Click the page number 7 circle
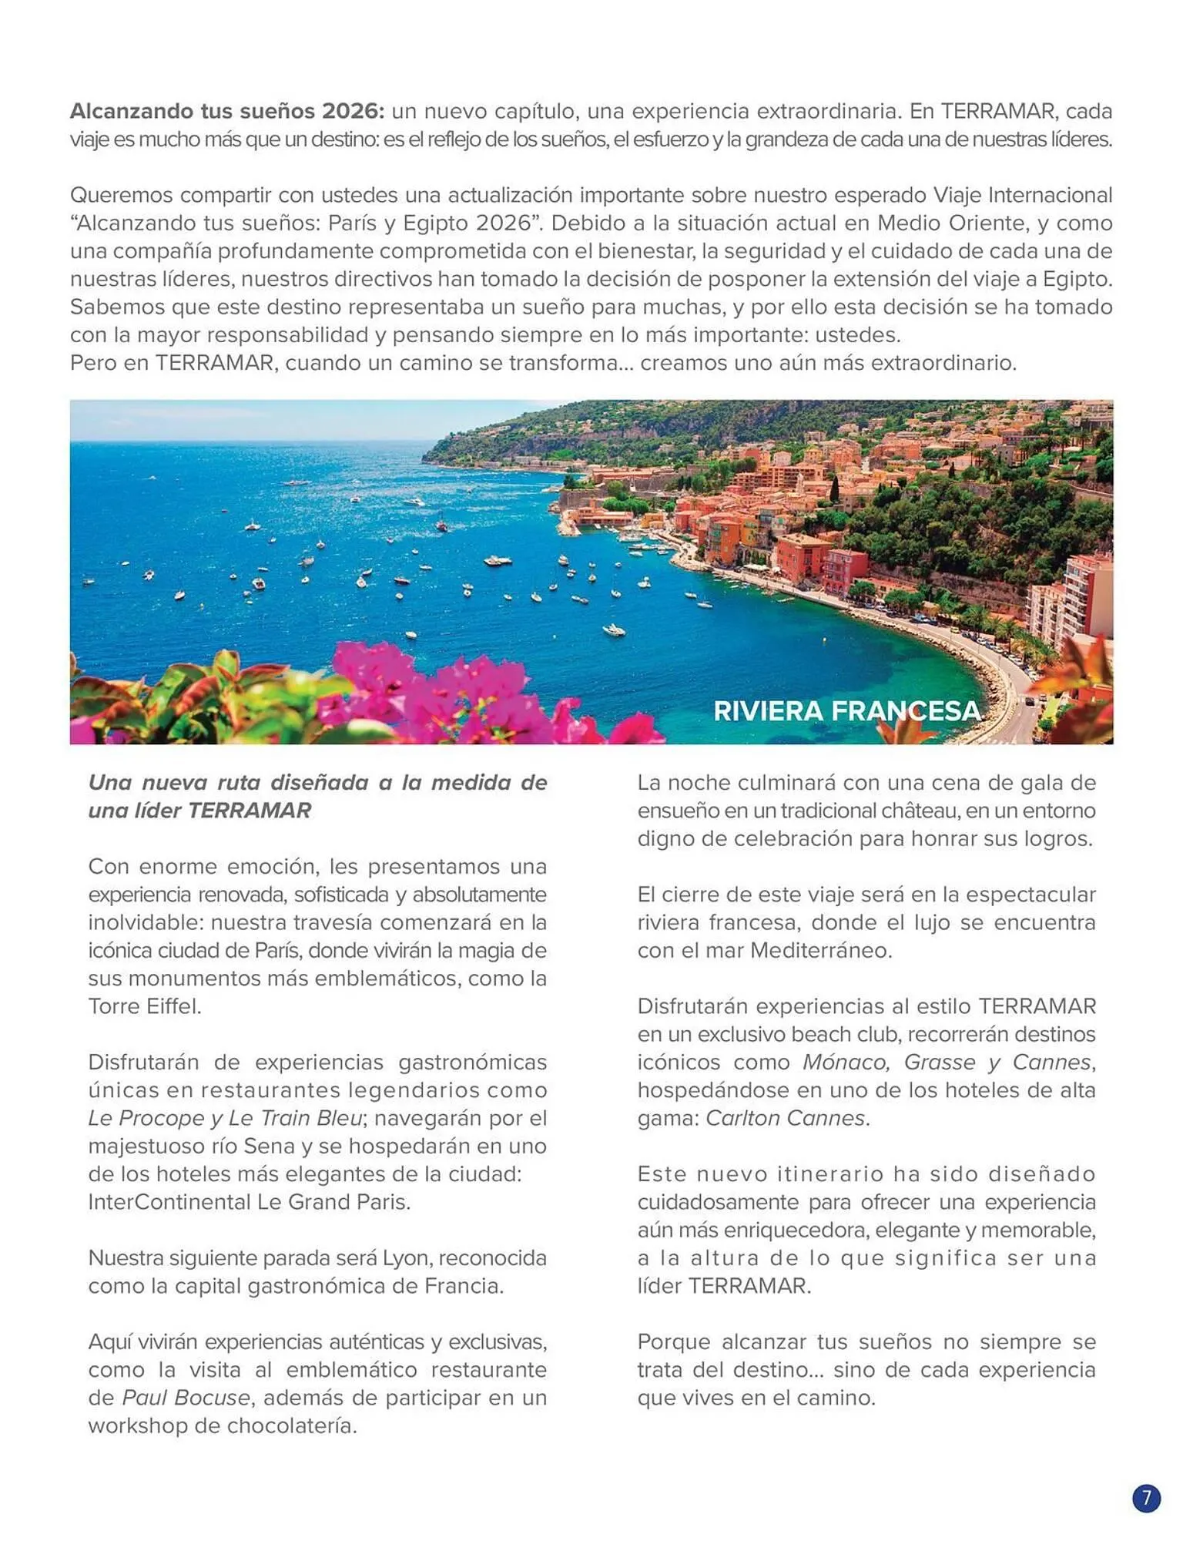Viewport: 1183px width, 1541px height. tap(1146, 1498)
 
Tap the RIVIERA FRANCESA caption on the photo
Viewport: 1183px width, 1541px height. tap(847, 710)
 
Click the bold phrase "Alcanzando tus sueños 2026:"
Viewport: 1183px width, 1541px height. tap(226, 112)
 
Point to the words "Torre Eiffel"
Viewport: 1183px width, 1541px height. tap(144, 1006)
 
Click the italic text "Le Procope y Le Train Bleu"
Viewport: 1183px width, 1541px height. tap(224, 1118)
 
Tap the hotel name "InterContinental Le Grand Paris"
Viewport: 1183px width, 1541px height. tap(249, 1202)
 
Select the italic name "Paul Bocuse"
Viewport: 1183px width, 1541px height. tap(186, 1398)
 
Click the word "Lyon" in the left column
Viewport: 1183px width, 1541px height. tap(407, 1258)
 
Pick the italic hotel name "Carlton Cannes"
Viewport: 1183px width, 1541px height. tap(785, 1118)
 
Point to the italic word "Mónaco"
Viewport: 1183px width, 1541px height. tap(846, 1063)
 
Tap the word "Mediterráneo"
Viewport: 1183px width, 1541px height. tap(820, 951)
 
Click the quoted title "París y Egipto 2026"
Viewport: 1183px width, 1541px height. tap(430, 223)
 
